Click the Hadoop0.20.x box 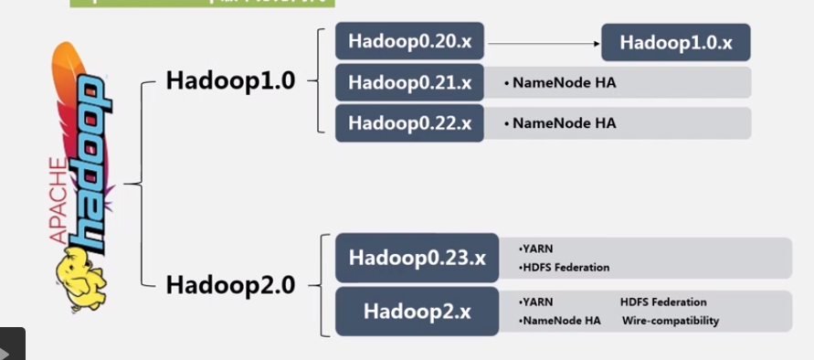[x=409, y=41]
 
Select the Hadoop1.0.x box [x=675, y=42]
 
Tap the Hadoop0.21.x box [x=409, y=82]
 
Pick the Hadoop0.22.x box [x=409, y=122]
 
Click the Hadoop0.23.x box [x=417, y=257]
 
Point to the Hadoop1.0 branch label [x=230, y=80]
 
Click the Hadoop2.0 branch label [x=230, y=284]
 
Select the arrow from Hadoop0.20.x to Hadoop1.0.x [x=543, y=41]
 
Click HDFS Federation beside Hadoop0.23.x [x=565, y=268]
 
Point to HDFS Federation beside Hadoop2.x [x=663, y=302]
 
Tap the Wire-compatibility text [x=671, y=321]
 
